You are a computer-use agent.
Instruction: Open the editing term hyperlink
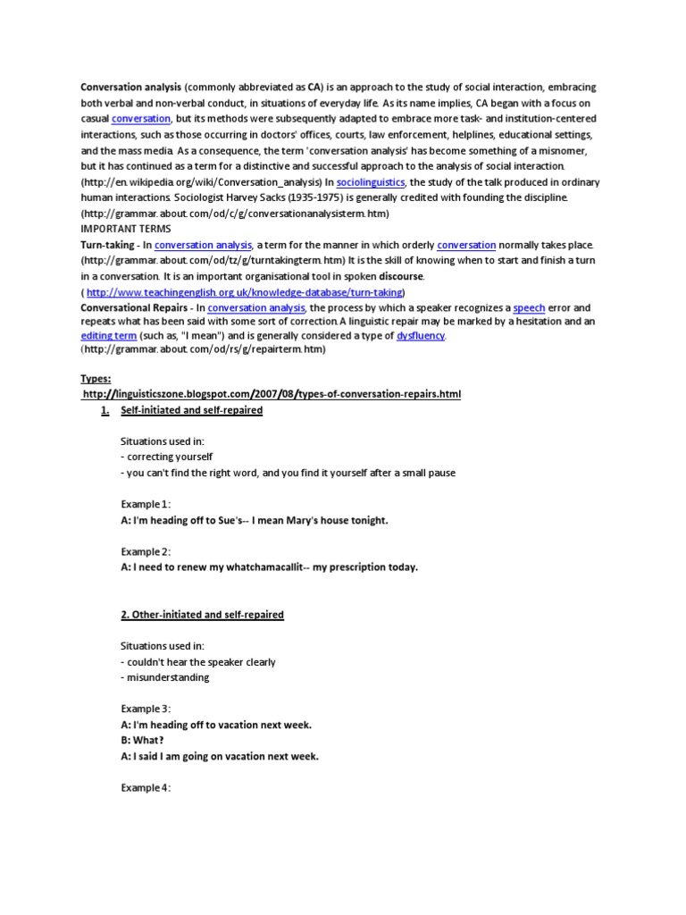coord(109,335)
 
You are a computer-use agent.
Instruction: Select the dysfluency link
coord(421,335)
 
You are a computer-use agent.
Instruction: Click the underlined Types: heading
coord(97,379)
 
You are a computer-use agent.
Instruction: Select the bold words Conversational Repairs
coord(131,307)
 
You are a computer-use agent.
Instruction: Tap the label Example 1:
coord(145,504)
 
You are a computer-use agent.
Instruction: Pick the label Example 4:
coord(145,788)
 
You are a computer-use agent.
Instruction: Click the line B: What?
coord(143,740)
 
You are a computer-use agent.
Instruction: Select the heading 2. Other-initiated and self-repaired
coord(202,615)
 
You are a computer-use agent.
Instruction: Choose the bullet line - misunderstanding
coord(165,677)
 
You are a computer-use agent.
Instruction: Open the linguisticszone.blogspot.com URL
coord(272,394)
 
